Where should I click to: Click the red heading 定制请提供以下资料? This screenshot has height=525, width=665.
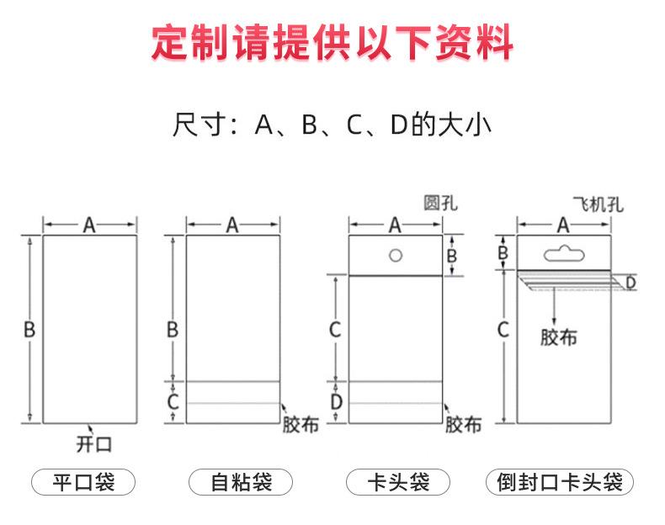coord(332,41)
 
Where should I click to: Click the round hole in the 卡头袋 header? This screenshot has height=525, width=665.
coord(395,254)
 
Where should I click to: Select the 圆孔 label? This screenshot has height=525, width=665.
coord(441,203)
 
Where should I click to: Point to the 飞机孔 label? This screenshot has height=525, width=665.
coord(598,204)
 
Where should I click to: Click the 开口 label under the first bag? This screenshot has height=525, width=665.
coord(93,443)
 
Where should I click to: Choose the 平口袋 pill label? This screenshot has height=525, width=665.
coord(83,483)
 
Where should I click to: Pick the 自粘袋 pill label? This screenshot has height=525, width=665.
coord(240,483)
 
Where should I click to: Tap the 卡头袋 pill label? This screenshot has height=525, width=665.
coord(398,483)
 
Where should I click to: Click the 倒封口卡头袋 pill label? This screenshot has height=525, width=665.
coord(559,483)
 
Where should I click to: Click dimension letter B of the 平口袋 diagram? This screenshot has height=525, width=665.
coord(29,330)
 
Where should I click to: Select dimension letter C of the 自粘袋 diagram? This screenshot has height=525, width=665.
coord(173,402)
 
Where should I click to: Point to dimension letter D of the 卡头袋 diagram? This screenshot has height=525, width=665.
coord(336,402)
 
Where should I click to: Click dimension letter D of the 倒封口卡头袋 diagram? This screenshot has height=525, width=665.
coord(630,282)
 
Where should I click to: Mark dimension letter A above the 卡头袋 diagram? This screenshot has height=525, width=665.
coord(395,225)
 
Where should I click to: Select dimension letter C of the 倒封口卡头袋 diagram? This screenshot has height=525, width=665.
coord(503,330)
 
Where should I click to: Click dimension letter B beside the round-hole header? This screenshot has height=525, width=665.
coord(451,255)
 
